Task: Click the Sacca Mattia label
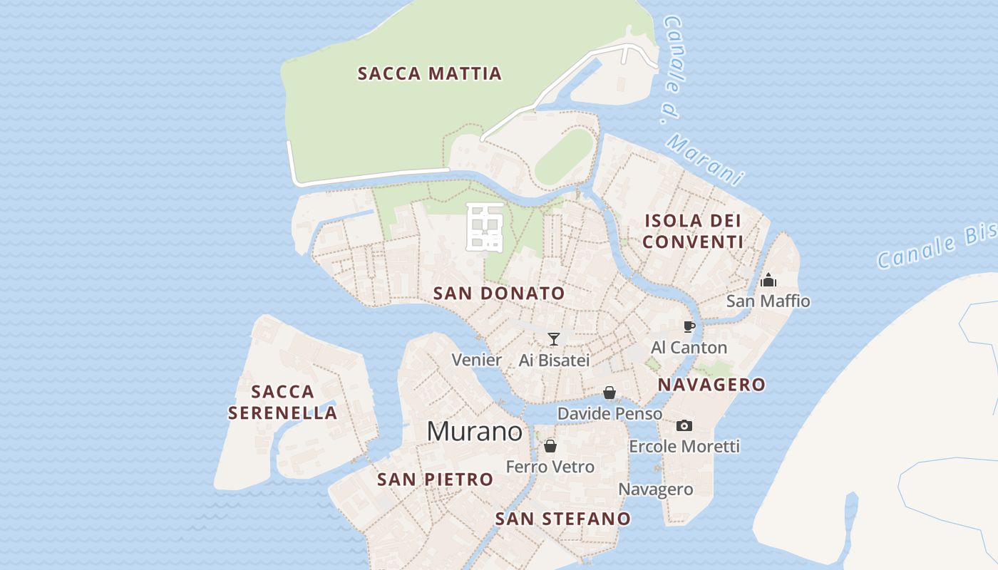429,73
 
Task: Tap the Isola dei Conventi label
693,231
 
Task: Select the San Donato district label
499,293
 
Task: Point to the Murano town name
474,431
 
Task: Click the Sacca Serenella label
283,402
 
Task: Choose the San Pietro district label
435,480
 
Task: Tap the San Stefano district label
563,519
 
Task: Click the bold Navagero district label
711,385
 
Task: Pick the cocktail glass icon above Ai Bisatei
554,339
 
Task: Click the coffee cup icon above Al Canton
689,326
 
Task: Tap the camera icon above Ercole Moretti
684,425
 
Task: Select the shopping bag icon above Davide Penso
609,393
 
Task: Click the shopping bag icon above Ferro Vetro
550,446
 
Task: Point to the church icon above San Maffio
768,280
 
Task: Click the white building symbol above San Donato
485,227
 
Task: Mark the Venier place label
477,360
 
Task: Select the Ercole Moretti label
684,447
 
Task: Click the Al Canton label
689,348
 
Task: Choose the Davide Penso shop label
609,413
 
